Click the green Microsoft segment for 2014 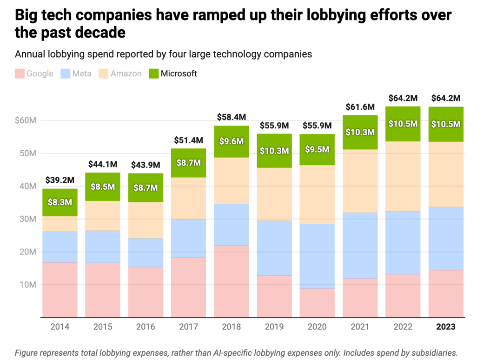[x=60, y=202]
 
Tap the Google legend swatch [x=20, y=73]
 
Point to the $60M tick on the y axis [x=26, y=120]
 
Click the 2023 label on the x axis [x=446, y=327]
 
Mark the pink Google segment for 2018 [x=232, y=281]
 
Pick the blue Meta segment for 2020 [x=317, y=256]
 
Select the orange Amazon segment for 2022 [x=403, y=176]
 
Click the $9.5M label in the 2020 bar [x=317, y=149]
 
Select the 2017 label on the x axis [x=188, y=327]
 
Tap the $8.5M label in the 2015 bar [x=103, y=187]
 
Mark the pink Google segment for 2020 [x=317, y=303]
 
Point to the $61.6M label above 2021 [x=360, y=107]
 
